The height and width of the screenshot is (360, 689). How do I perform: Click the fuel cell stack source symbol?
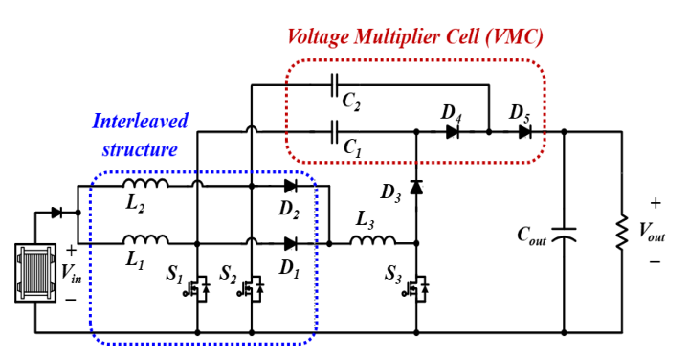point(35,273)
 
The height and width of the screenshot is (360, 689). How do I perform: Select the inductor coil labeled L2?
point(145,183)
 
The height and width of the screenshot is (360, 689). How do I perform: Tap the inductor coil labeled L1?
point(145,240)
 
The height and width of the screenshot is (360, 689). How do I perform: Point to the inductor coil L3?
point(372,240)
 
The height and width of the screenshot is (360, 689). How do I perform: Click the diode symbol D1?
point(291,243)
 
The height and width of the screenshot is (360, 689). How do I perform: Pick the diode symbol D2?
point(291,186)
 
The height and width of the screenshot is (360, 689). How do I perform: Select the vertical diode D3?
point(416,187)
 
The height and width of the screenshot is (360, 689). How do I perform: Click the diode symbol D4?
point(453,132)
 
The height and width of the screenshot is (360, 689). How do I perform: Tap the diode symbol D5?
point(524,132)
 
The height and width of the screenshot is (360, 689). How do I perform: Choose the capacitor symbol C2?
point(334,85)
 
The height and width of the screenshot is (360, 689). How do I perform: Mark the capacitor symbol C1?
point(334,132)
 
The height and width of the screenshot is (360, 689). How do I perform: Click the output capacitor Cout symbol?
point(564,235)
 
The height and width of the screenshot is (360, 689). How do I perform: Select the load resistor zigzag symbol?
point(621,233)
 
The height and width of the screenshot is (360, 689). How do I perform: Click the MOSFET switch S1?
point(196,288)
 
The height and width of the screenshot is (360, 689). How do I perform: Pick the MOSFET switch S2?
point(251,288)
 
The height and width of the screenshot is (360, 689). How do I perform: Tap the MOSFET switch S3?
point(415,288)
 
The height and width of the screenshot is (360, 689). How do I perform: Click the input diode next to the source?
point(56,213)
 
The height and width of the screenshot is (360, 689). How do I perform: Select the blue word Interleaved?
point(140,121)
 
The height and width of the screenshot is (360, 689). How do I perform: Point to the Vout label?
point(652,232)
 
